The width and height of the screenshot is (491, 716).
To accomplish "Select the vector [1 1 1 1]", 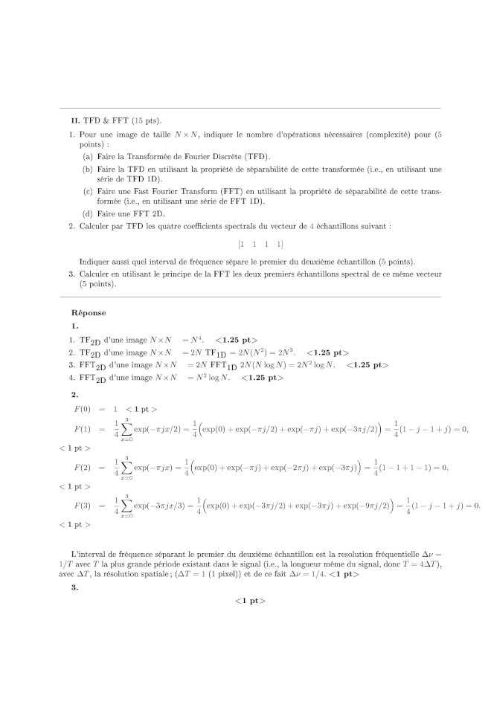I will (x=260, y=244).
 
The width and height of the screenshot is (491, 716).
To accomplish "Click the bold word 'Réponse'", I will (x=89, y=313).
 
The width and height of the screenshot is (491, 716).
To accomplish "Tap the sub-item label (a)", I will (x=88, y=157).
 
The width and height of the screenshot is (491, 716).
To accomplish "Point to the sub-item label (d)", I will (x=88, y=213).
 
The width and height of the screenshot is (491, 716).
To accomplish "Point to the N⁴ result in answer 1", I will (x=196, y=340).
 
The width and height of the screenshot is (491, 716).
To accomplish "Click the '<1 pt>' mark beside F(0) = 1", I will (x=141, y=409).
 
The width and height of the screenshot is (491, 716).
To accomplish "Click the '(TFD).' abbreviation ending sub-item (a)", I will (x=257, y=157).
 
